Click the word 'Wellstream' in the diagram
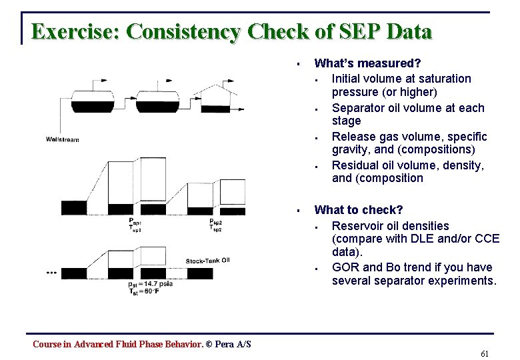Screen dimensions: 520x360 (62, 139)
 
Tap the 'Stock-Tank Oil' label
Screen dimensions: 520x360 (207, 261)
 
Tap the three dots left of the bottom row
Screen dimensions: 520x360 (51, 273)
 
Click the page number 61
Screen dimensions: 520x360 (485, 353)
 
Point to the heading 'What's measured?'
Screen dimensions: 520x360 (367, 64)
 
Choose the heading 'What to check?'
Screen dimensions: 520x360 (359, 210)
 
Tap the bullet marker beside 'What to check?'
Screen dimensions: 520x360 (300, 211)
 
